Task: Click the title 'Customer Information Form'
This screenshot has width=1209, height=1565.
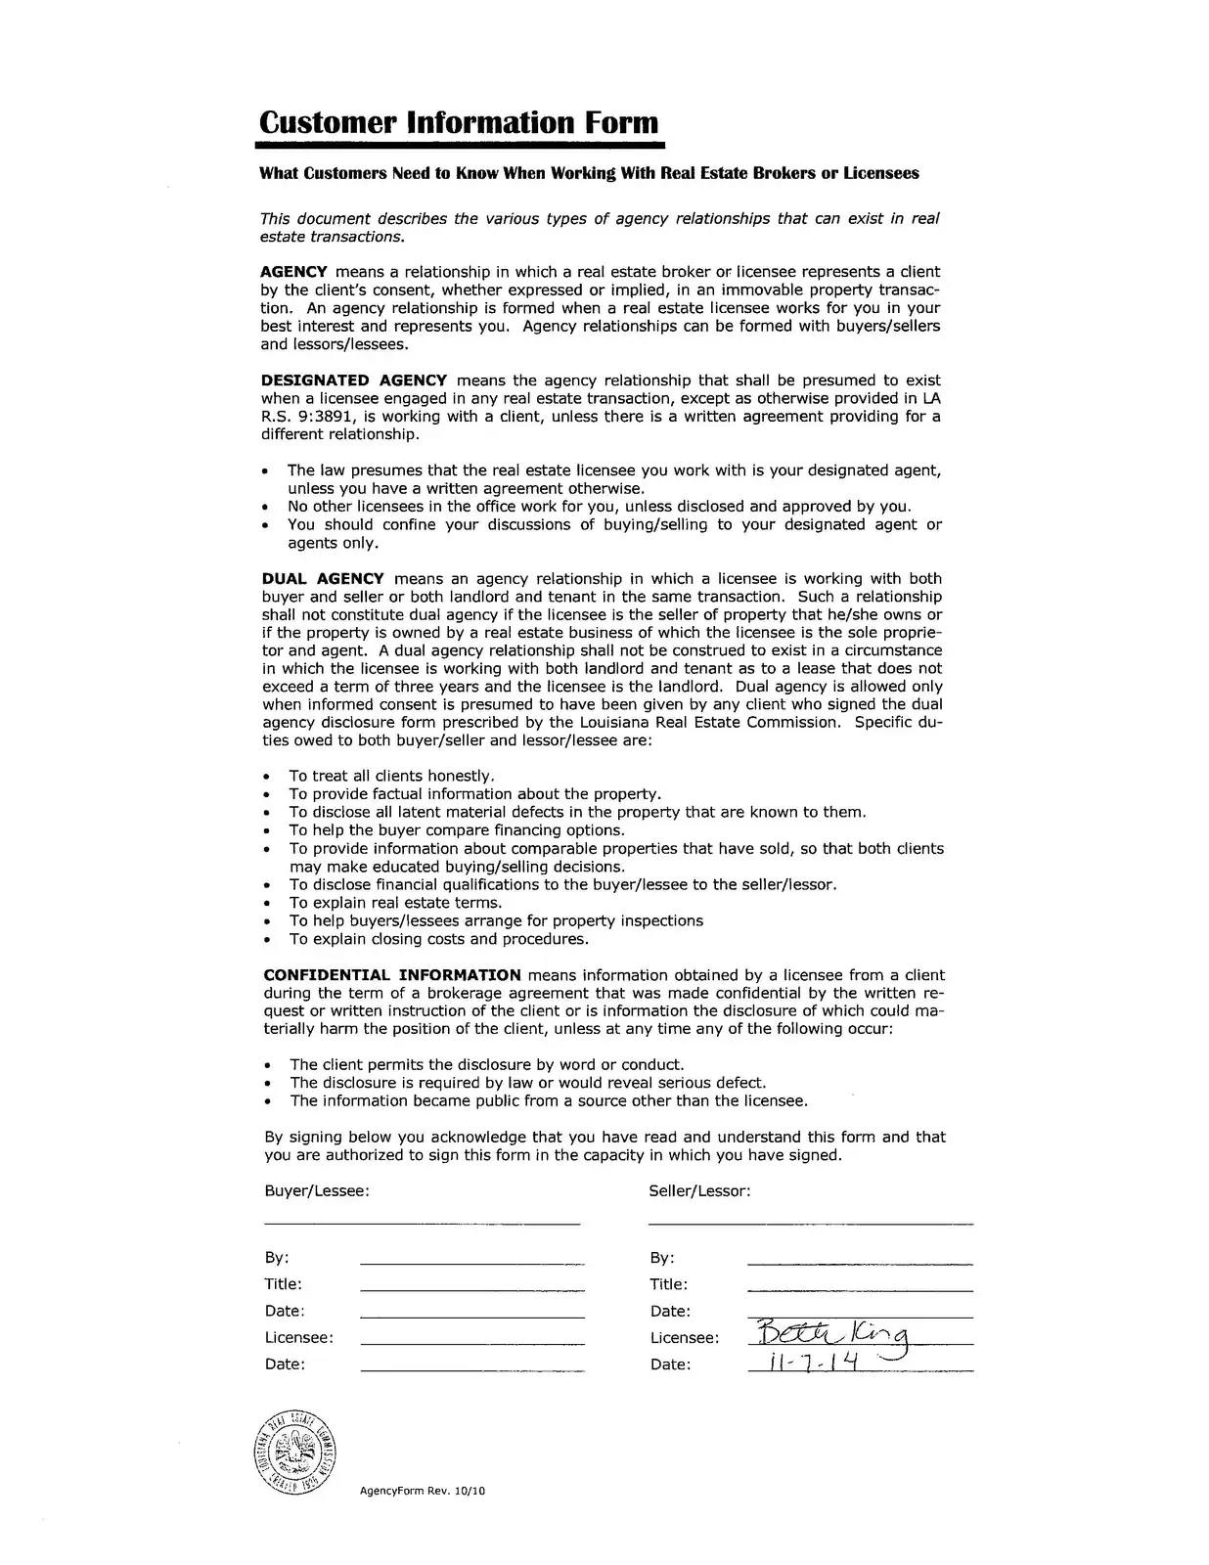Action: click(459, 123)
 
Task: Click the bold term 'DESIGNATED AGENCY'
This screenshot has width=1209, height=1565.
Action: click(353, 380)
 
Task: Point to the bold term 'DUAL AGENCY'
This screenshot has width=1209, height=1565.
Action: click(323, 579)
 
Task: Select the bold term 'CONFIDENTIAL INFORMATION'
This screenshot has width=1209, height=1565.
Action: click(392, 975)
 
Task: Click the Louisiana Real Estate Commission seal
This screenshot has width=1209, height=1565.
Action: click(297, 1452)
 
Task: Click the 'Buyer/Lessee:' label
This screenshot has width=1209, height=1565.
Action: click(317, 1191)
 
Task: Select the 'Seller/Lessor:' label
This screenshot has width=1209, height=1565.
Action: click(699, 1191)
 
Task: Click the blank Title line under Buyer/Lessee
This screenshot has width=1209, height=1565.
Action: click(472, 1291)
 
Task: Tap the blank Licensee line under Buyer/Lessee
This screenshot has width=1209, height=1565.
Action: click(472, 1344)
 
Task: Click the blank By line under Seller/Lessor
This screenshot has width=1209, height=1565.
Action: click(860, 1265)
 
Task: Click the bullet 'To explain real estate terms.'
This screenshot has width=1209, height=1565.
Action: click(395, 903)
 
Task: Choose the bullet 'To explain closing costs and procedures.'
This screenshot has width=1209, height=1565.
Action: click(438, 939)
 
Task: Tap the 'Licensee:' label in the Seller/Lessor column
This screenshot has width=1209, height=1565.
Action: click(685, 1338)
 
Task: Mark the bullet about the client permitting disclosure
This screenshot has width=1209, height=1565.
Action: click(487, 1065)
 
